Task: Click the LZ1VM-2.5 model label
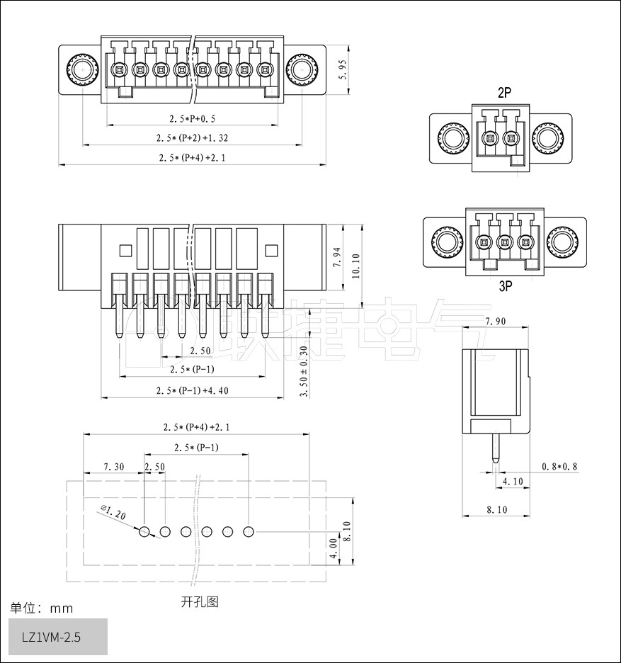point(51,637)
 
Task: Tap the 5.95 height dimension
point(343,69)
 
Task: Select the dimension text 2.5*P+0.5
point(192,118)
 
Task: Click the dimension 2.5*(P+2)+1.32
point(192,137)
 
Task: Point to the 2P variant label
point(505,93)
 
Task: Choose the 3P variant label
point(505,287)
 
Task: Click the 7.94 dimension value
point(337,258)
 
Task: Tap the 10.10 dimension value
point(355,266)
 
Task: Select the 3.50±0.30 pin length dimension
point(304,371)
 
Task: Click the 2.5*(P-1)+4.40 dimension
point(192,390)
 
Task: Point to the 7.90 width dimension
point(494,322)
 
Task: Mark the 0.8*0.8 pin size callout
point(559,466)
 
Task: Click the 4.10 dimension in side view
point(512,482)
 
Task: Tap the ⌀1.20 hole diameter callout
point(113,512)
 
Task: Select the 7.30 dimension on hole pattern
point(113,467)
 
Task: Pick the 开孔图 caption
point(199,602)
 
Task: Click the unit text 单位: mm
point(41,608)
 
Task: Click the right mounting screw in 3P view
point(564,243)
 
